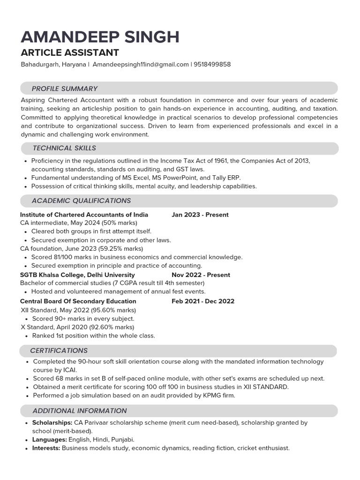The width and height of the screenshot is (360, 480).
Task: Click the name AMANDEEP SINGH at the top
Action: point(100,37)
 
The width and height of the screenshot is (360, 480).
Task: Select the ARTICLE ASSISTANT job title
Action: point(70,52)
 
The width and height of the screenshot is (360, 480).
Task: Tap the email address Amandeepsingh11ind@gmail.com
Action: point(141,64)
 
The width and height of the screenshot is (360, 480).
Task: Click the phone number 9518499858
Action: point(212,64)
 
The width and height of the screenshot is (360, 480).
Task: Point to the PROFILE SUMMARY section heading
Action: point(64,89)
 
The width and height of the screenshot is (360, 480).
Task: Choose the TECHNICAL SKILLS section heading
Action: point(64,148)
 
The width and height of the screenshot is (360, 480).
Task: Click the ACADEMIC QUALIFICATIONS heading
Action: point(81,201)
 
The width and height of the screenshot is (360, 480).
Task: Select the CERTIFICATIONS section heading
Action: point(59,351)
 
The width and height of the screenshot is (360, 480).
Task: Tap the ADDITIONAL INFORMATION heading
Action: point(79,411)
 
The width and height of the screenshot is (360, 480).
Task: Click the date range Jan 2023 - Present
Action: point(200,215)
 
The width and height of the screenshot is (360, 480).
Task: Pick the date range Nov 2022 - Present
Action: point(201,275)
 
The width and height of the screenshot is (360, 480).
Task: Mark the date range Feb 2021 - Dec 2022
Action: point(203,301)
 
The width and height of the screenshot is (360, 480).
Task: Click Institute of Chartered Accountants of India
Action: point(84,215)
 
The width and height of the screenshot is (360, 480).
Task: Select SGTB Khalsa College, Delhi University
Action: point(77,275)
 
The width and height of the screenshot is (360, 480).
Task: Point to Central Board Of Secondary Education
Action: point(78,301)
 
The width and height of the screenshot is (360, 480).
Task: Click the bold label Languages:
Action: point(50,440)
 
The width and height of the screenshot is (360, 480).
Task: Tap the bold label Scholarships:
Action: point(52,422)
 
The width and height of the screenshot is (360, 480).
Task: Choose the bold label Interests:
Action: point(46,448)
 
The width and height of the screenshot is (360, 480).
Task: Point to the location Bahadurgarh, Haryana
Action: point(53,64)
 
